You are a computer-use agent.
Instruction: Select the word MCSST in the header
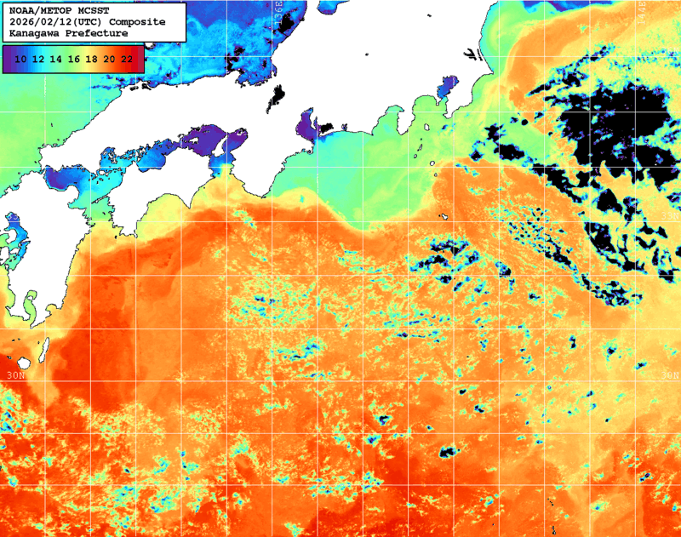click(91, 9)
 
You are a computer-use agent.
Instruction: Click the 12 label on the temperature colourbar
click(38, 59)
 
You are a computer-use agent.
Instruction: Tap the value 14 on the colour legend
click(56, 59)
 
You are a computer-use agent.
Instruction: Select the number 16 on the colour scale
click(74, 59)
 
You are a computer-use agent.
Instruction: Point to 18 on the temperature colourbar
click(92, 59)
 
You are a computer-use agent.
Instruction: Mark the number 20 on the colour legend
click(109, 59)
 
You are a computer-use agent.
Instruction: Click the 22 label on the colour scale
click(127, 59)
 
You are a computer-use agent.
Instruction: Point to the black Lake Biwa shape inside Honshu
click(278, 99)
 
